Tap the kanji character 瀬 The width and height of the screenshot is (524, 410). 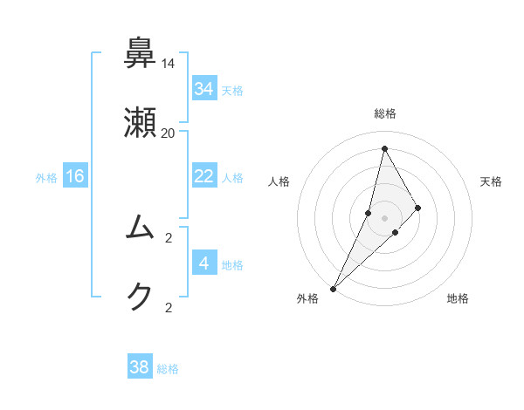[x=141, y=123]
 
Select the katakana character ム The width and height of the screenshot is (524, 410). [x=141, y=228]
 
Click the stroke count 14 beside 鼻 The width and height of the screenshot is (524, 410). [x=169, y=64]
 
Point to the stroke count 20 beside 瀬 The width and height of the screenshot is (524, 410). [x=169, y=133]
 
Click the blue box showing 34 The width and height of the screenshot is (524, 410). [x=204, y=89]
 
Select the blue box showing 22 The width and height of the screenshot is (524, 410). [x=204, y=176]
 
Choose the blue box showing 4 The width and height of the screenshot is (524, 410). [x=204, y=263]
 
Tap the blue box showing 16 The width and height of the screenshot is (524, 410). [x=75, y=176]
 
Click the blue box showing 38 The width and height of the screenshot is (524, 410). [x=140, y=367]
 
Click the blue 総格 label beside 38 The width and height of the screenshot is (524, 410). [x=169, y=369]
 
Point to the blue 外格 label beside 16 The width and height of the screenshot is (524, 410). [x=46, y=178]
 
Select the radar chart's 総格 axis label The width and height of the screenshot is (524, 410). [x=385, y=113]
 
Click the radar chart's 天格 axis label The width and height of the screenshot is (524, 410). [x=492, y=181]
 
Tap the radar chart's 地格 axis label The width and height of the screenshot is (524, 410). [x=458, y=298]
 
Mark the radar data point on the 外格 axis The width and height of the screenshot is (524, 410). [x=333, y=288]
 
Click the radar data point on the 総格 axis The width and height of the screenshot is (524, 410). [x=384, y=148]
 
